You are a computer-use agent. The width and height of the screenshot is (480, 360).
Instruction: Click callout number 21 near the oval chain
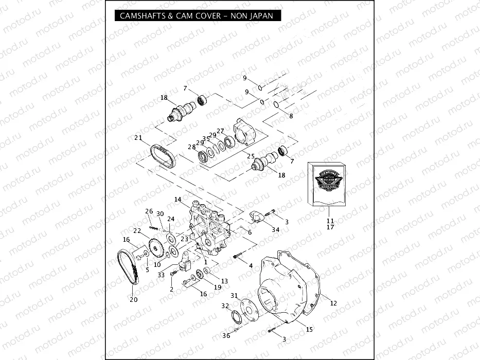[138, 138]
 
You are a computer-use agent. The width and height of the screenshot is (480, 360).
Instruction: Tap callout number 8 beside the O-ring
[291, 116]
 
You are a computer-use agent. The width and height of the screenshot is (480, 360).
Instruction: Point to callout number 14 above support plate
[177, 199]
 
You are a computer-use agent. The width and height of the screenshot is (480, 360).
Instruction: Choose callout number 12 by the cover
[333, 303]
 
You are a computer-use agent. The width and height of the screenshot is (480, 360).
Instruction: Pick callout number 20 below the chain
[134, 300]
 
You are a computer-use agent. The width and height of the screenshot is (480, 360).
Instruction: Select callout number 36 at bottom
[226, 336]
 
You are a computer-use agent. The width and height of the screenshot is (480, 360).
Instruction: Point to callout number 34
[275, 230]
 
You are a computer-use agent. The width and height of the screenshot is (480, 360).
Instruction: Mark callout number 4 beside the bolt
[251, 265]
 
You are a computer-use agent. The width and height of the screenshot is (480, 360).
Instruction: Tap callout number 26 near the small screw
[149, 211]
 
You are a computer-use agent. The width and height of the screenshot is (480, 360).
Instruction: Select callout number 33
[162, 275]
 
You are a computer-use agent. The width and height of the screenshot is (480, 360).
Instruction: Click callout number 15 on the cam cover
[309, 329]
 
